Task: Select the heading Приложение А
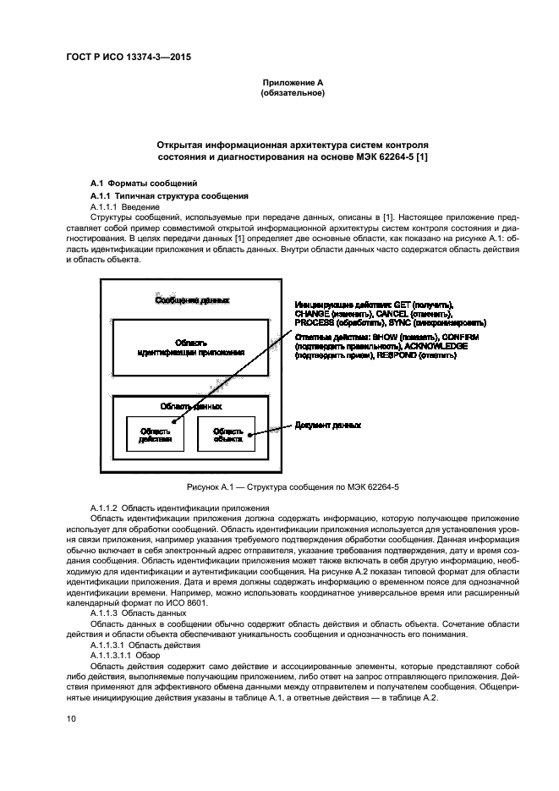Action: (293, 82)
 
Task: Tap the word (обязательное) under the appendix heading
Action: (293, 93)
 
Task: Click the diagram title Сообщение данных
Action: (191, 300)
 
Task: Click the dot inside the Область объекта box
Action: (251, 437)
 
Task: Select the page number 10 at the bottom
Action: (72, 717)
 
